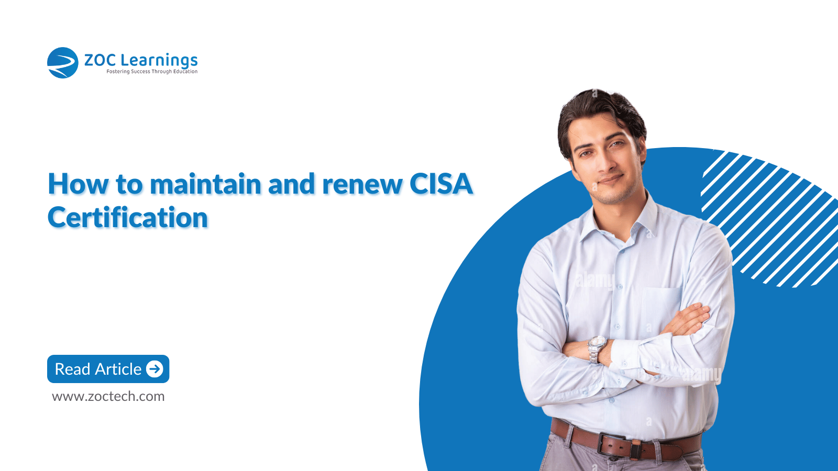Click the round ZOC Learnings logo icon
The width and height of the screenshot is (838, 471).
(62, 63)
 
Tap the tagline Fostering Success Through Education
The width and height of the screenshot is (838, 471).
(152, 71)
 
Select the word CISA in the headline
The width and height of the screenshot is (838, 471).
(441, 184)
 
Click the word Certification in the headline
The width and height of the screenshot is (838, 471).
(128, 218)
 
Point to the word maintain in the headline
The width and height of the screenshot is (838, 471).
(205, 184)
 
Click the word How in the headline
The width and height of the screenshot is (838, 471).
(79, 184)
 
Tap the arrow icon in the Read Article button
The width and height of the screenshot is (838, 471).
(155, 369)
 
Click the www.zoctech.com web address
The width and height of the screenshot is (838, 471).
(108, 396)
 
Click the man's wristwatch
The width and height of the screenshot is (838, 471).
(596, 349)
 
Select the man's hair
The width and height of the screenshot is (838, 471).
(600, 116)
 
